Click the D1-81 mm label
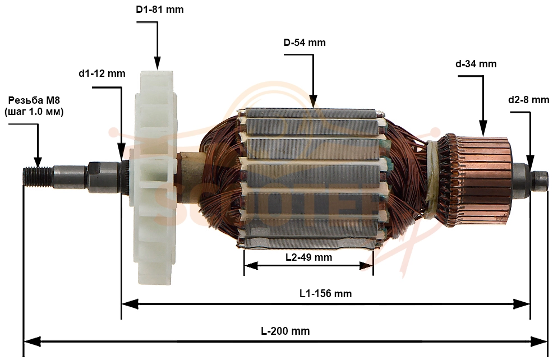tap(160, 10)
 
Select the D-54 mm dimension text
tap(305, 43)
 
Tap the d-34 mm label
tap(476, 64)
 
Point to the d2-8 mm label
tap(528, 100)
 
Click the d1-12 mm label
tap(102, 73)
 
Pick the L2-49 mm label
tap(308, 257)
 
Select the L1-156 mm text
tap(325, 293)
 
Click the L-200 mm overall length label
tap(285, 331)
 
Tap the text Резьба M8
tap(34, 100)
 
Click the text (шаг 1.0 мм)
tap(34, 112)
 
